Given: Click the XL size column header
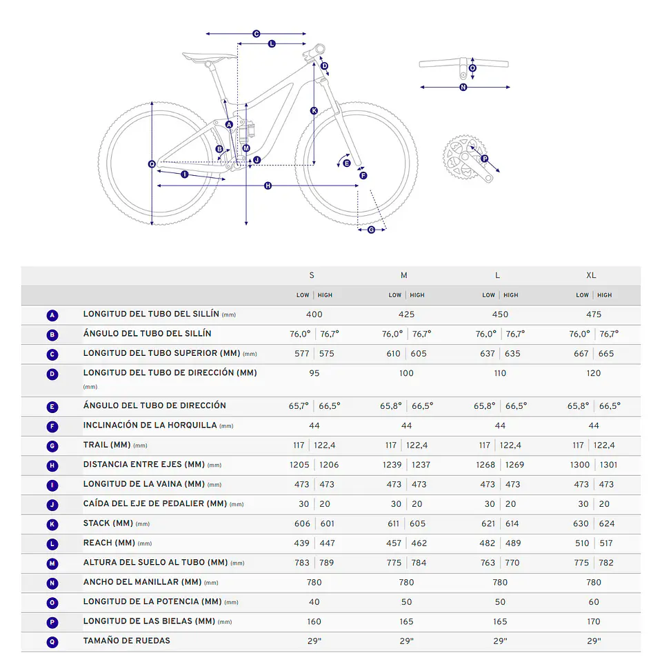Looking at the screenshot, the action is [591, 275].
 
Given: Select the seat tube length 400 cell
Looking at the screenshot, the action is [314, 314].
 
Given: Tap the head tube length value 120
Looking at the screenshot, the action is [593, 373].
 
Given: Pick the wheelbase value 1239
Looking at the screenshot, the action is [392, 465].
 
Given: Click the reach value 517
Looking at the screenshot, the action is [606, 543].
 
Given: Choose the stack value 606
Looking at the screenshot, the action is [302, 523].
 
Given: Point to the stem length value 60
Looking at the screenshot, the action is [594, 602].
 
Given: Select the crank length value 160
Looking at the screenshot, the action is [314, 621].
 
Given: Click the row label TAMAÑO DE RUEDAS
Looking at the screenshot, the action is [126, 641].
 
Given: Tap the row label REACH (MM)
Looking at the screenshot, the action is [109, 543].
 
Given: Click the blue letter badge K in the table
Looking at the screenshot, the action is [52, 524].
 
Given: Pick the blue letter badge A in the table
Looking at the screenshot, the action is [52, 315].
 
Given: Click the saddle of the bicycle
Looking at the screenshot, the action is [209, 57].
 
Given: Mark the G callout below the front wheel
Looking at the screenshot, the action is [371, 230].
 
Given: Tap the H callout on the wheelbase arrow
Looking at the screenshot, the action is [268, 185].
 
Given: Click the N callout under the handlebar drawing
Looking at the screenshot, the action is [463, 88].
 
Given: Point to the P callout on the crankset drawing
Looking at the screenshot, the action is [484, 159].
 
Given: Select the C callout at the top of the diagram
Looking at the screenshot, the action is [257, 34].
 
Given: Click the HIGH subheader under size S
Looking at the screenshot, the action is [325, 295].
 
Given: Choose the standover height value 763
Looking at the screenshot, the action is [488, 563].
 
